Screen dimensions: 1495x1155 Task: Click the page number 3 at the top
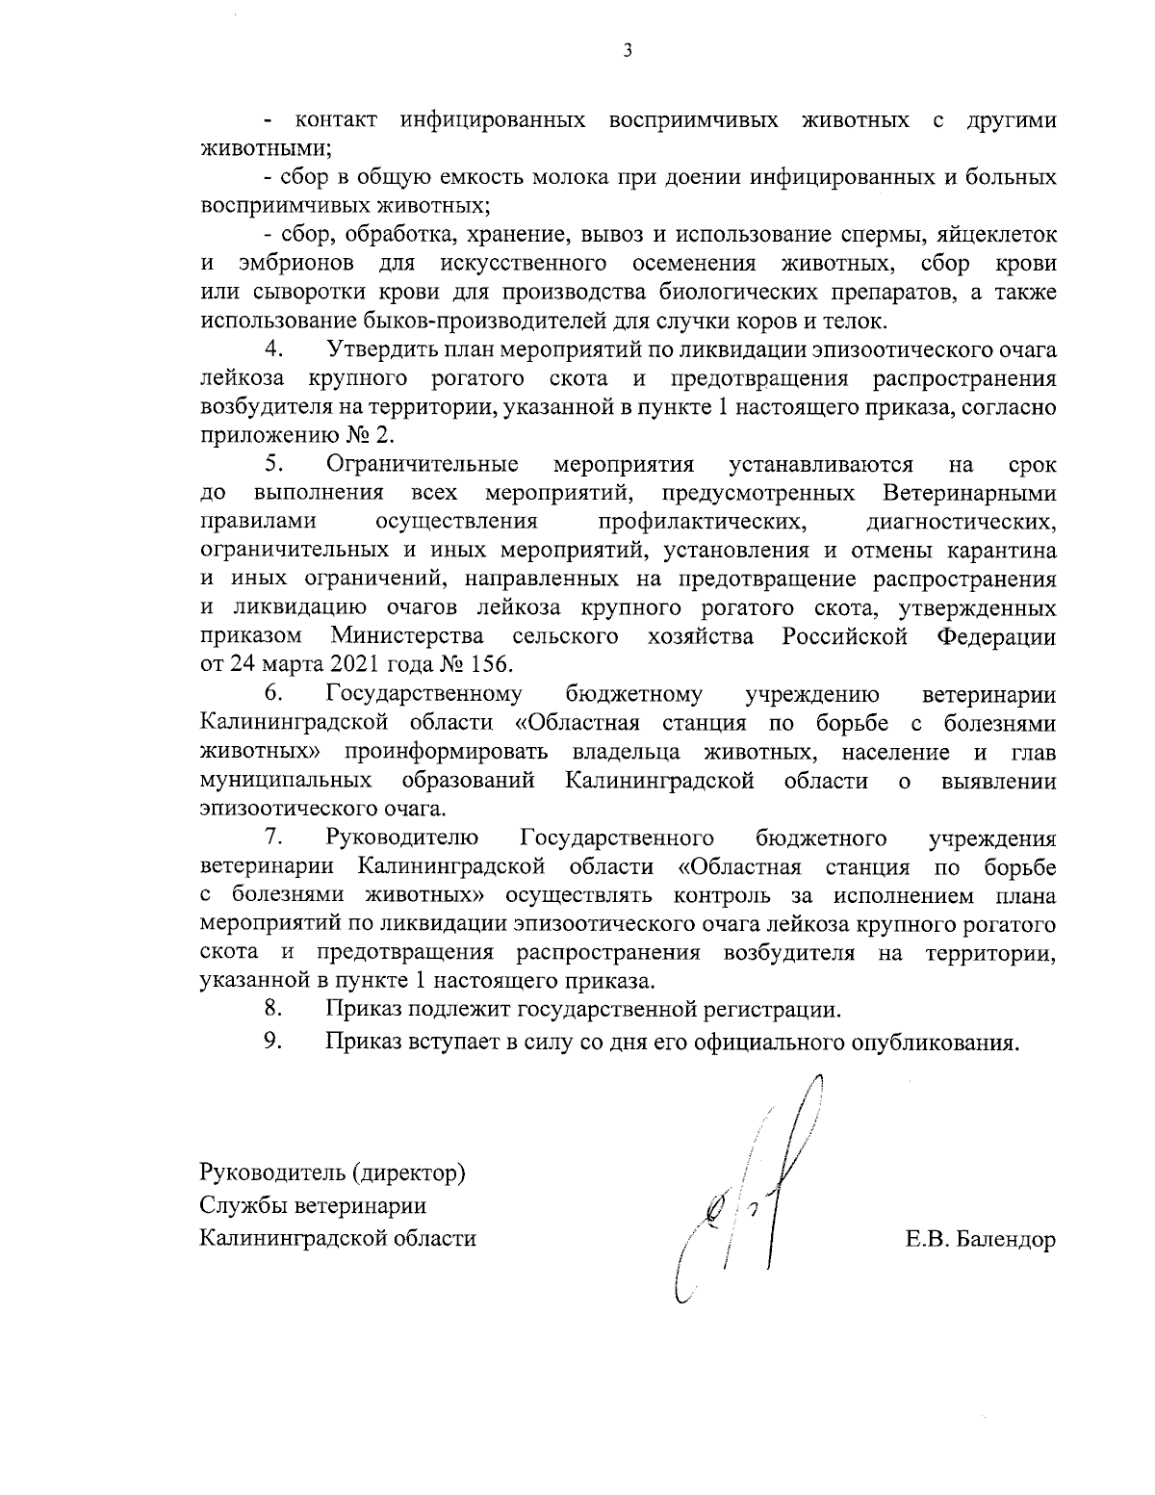(x=627, y=51)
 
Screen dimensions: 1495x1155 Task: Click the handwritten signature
(x=746, y=1194)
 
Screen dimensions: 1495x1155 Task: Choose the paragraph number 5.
(x=273, y=465)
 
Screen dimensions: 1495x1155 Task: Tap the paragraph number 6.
(x=273, y=694)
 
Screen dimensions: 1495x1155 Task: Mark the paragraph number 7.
(x=273, y=838)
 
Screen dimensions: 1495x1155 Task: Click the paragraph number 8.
(x=273, y=1010)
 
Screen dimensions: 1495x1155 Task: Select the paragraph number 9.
(x=273, y=1042)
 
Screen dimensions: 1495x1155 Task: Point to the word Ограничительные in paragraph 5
(x=423, y=465)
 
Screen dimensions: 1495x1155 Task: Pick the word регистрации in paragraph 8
(x=766, y=1011)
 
